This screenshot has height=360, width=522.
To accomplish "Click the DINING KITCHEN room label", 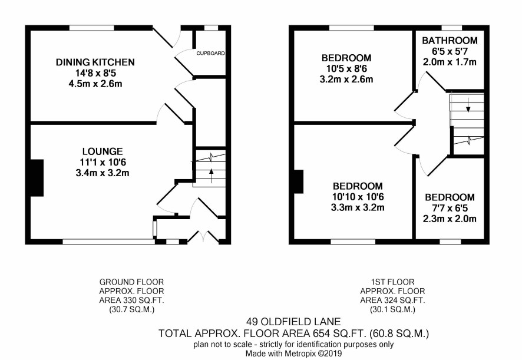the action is pyautogui.click(x=95, y=62).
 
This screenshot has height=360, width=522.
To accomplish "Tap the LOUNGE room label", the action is pyautogui.click(x=103, y=151).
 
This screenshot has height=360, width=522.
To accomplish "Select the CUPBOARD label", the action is pyautogui.click(x=210, y=53).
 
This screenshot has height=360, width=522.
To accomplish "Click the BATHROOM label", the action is pyautogui.click(x=450, y=41).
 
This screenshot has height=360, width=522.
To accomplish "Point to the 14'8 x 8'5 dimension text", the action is pyautogui.click(x=95, y=73).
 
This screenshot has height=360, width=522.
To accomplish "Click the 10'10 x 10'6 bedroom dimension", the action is pyautogui.click(x=358, y=197).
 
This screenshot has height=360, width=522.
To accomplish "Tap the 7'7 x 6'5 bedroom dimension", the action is pyautogui.click(x=450, y=208).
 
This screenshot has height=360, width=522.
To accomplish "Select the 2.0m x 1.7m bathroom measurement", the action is pyautogui.click(x=450, y=62).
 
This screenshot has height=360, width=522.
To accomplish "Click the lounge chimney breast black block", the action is pyautogui.click(x=37, y=178).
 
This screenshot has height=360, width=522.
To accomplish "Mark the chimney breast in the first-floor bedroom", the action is pyautogui.click(x=299, y=181).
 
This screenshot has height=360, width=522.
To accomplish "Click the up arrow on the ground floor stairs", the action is pyautogui.click(x=211, y=176).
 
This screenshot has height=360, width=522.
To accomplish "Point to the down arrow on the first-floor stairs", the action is pyautogui.click(x=468, y=104).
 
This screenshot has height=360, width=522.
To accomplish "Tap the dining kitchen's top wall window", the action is pyautogui.click(x=92, y=28).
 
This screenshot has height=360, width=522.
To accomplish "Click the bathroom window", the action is pyautogui.click(x=451, y=28).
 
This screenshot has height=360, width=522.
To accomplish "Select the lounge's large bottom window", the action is pyautogui.click(x=109, y=242).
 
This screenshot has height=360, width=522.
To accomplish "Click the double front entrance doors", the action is pyautogui.click(x=203, y=236).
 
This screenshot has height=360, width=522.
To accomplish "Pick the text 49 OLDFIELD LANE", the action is pyautogui.click(x=293, y=322).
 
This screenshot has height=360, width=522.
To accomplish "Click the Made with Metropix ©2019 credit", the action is pyautogui.click(x=293, y=354).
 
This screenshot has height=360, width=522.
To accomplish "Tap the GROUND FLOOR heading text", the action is pyautogui.click(x=132, y=282).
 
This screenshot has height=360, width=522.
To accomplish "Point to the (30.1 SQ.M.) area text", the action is pyautogui.click(x=393, y=309).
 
